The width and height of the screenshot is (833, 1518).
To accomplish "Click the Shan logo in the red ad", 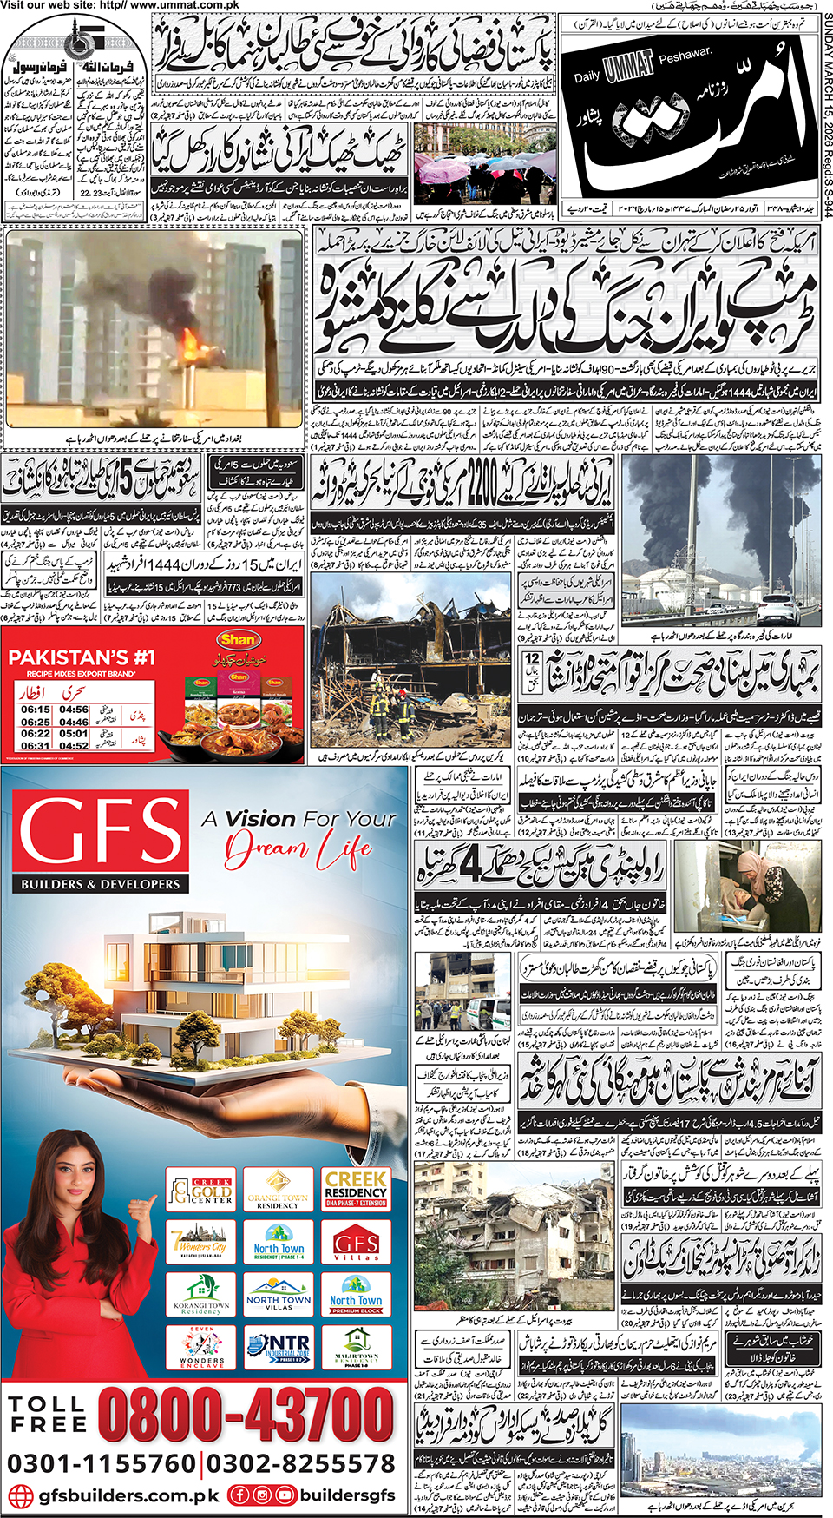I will tap(238, 639).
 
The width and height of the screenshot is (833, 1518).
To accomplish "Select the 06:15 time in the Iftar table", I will tap(36, 709).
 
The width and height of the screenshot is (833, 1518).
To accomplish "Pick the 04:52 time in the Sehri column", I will tap(75, 745).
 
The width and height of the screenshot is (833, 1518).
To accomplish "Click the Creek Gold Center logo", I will tap(201, 1190).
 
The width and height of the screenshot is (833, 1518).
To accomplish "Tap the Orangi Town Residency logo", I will tap(278, 1190).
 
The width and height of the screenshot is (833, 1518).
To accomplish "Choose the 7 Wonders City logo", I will tap(201, 1243).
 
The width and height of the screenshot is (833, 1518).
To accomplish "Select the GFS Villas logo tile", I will tap(356, 1243).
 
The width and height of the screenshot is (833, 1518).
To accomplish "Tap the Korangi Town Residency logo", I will tap(201, 1294).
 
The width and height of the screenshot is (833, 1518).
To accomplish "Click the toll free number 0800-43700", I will tap(246, 1415).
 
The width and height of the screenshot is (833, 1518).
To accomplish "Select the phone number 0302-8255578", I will tap(300, 1463).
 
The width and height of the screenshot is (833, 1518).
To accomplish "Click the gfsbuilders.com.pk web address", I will tap(129, 1495).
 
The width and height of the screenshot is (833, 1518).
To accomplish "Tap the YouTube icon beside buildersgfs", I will tap(285, 1495).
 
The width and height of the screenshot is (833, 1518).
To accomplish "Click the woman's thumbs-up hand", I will tap(141, 1206).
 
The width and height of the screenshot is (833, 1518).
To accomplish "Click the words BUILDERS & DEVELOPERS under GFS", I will tap(101, 884).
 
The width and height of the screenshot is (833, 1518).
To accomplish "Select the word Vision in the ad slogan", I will tap(260, 818).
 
